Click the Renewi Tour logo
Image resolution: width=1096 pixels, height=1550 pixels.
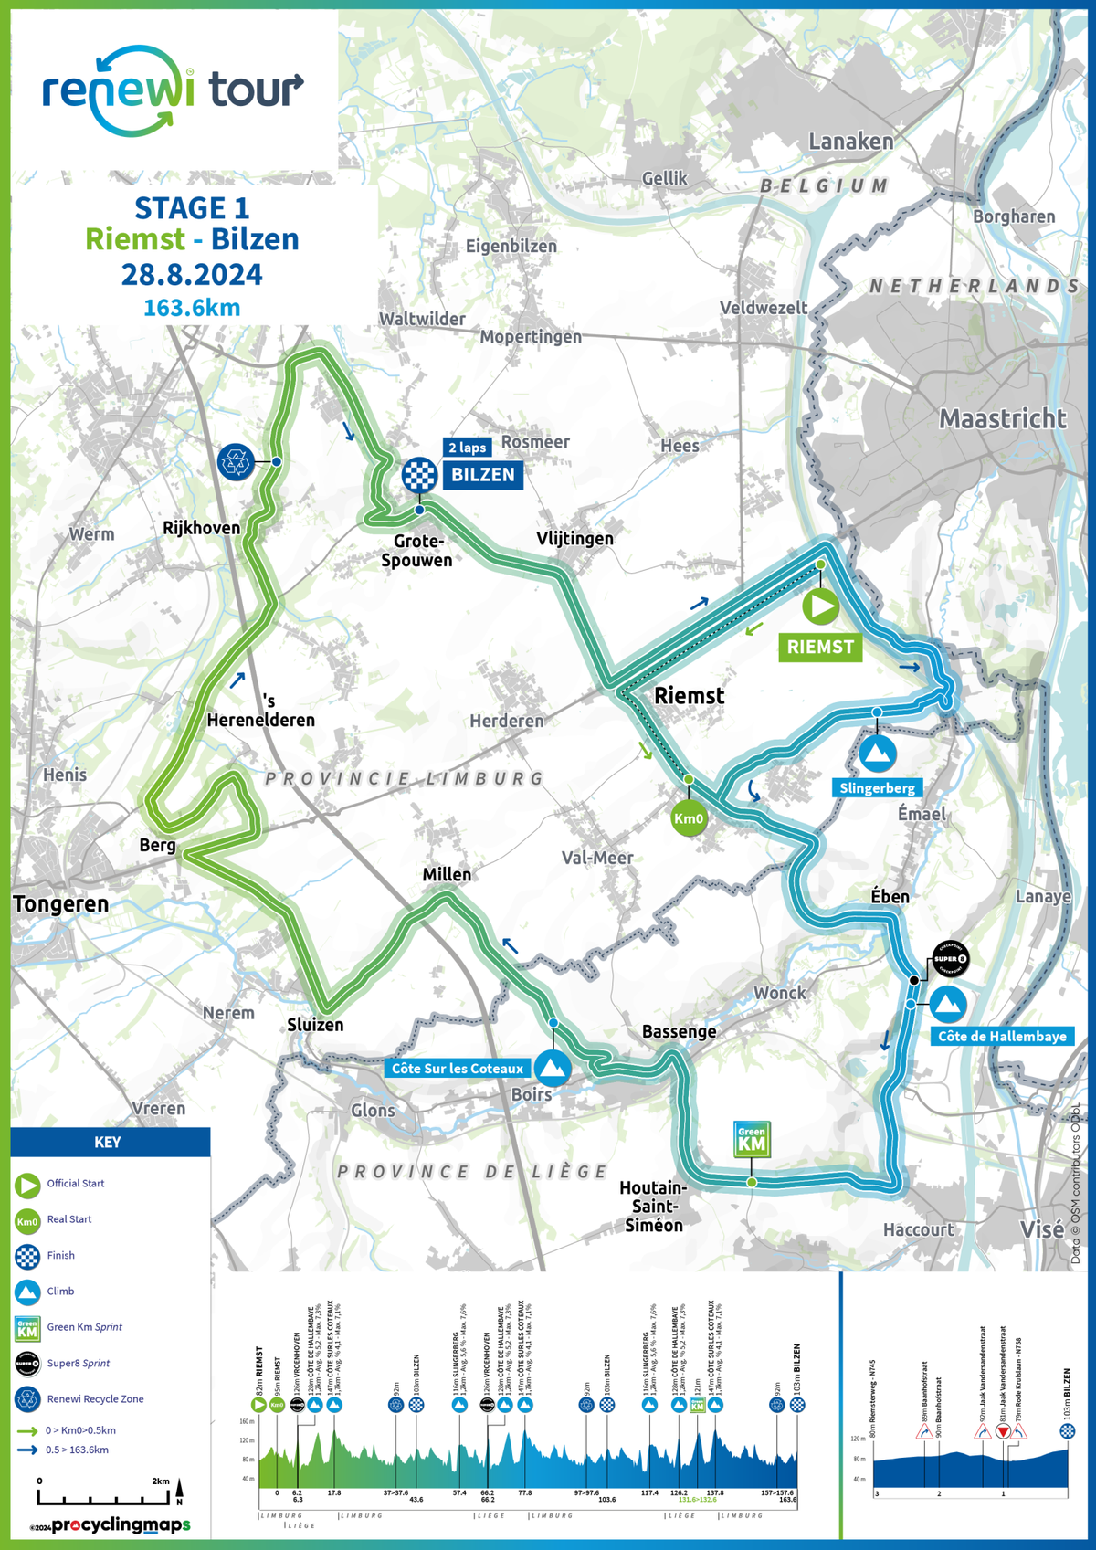(x=173, y=91)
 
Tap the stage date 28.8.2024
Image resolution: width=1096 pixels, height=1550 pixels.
(x=192, y=275)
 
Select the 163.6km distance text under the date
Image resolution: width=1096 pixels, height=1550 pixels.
(x=192, y=308)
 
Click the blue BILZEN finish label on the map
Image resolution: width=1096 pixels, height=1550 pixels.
(x=482, y=475)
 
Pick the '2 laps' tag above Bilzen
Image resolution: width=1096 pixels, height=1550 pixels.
(x=467, y=448)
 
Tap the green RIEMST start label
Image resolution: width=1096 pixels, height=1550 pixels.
(x=820, y=647)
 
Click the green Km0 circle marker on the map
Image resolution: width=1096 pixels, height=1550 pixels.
(x=689, y=818)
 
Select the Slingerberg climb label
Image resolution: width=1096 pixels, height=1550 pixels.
(x=877, y=787)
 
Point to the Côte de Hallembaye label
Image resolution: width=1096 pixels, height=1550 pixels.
(x=1002, y=1036)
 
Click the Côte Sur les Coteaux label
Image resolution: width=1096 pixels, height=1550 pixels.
(x=458, y=1069)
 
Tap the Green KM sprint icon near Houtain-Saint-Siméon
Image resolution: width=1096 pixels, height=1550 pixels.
(x=752, y=1139)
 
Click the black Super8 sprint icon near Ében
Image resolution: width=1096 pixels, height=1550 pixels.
(x=950, y=959)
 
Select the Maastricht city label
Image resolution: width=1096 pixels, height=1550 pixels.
(x=1002, y=419)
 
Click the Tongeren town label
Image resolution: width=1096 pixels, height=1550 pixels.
(x=61, y=904)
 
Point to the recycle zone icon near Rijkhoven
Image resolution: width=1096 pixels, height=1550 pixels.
(x=237, y=462)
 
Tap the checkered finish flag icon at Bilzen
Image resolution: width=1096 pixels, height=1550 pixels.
(x=419, y=475)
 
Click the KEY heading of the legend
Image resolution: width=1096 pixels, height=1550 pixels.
(x=108, y=1143)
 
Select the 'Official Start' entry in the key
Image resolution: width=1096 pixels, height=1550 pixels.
(x=75, y=1184)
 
